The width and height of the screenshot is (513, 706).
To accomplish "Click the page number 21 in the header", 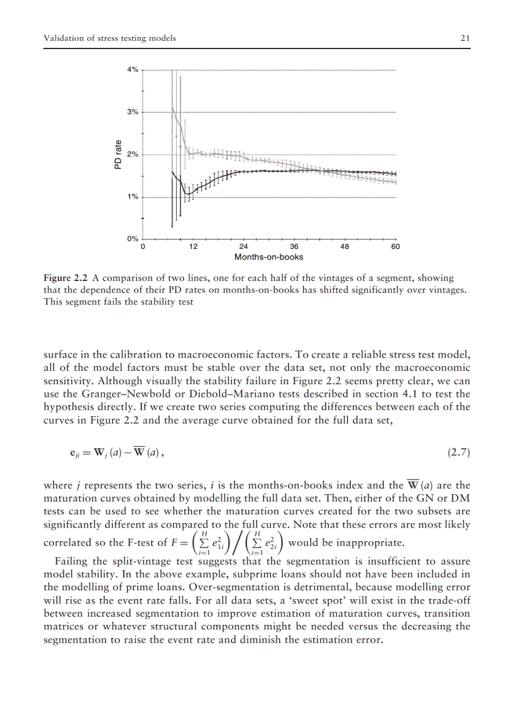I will pyautogui.click(x=465, y=38).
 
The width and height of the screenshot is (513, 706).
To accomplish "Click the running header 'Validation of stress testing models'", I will pyautogui.click(x=109, y=38).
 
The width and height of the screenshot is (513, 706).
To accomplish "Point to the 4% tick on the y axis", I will pyautogui.click(x=133, y=70).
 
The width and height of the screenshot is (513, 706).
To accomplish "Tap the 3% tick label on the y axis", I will pyautogui.click(x=133, y=112).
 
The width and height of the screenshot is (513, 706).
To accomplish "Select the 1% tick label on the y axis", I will pyautogui.click(x=133, y=197).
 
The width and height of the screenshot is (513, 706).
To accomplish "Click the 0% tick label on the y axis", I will pyautogui.click(x=133, y=239).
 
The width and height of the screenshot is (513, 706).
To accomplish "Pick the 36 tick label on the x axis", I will pyautogui.click(x=294, y=247).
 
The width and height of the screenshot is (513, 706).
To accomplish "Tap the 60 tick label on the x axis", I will pyautogui.click(x=395, y=247).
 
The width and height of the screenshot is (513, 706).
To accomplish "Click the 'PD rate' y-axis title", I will pyautogui.click(x=118, y=155).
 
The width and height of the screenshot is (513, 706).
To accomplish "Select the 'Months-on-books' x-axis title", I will pyautogui.click(x=268, y=257).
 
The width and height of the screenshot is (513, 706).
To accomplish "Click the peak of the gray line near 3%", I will pyautogui.click(x=172, y=108).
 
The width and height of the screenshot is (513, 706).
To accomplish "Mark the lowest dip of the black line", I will pyautogui.click(x=187, y=194).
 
